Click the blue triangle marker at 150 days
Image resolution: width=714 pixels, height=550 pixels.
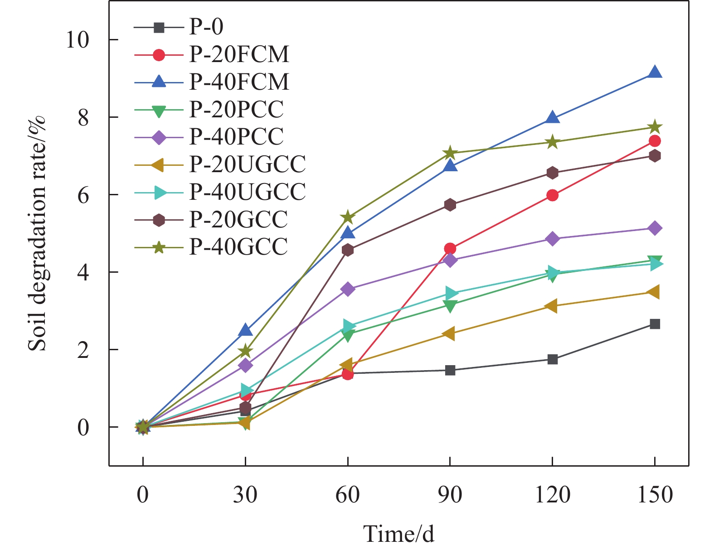[655, 72]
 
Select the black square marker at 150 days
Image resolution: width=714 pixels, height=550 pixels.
[655, 324]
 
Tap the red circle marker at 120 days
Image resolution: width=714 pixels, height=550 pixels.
[552, 195]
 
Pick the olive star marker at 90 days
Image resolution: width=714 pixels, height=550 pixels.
[450, 153]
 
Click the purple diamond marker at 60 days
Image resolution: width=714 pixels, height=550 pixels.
[348, 289]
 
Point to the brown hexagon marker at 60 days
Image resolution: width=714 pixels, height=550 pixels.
[348, 250]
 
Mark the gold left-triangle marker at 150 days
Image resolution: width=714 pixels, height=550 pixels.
[654, 292]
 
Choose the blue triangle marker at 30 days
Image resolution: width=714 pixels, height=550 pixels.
[245, 330]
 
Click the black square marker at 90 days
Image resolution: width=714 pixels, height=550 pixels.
[450, 370]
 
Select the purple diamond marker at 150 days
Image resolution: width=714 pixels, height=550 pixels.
[655, 228]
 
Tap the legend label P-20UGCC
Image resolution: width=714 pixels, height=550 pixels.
[248, 164]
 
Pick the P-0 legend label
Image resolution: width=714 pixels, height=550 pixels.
[206, 27]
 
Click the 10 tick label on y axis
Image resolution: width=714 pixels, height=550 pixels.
[77, 40]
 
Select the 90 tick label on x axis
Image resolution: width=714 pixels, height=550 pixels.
[450, 495]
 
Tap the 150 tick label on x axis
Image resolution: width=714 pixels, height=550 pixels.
[655, 495]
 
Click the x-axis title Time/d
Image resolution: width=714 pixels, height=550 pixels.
[398, 534]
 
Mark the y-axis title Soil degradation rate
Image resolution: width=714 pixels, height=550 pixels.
[37, 233]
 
